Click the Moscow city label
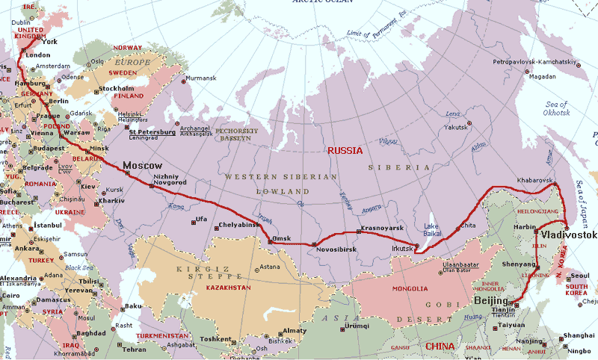[x=143, y=165]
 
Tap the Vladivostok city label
[x=568, y=235]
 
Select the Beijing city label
[x=490, y=300]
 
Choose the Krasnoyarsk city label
[x=383, y=226]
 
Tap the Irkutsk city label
[x=402, y=248]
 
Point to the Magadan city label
[x=542, y=76]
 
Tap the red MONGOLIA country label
[x=410, y=288]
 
